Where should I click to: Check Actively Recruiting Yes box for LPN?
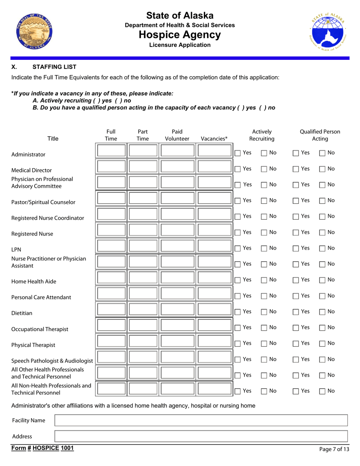coord(238,248)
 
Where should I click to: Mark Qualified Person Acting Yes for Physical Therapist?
coord(296,344)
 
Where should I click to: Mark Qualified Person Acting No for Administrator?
coord(322,153)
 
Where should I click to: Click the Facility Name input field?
coord(201,420)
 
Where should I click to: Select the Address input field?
coord(201,436)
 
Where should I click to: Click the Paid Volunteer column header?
coord(177,135)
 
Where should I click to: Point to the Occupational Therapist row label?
coord(40,329)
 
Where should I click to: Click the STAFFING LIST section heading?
coord(55,67)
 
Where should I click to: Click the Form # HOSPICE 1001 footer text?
coord(42,449)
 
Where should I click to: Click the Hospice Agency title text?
coord(180,35)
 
